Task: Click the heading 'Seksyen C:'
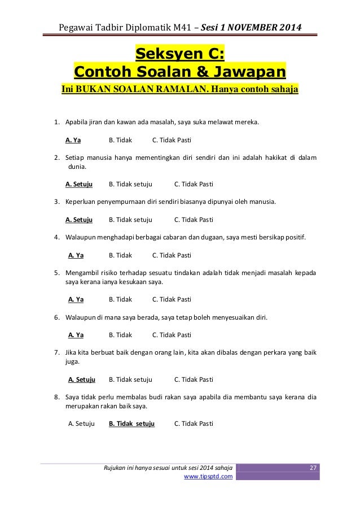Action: pos(180,54)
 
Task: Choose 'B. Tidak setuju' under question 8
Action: pos(131,422)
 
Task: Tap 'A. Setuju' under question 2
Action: pos(79,184)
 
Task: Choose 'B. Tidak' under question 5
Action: pos(120,299)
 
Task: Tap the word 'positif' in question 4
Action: pos(293,238)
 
